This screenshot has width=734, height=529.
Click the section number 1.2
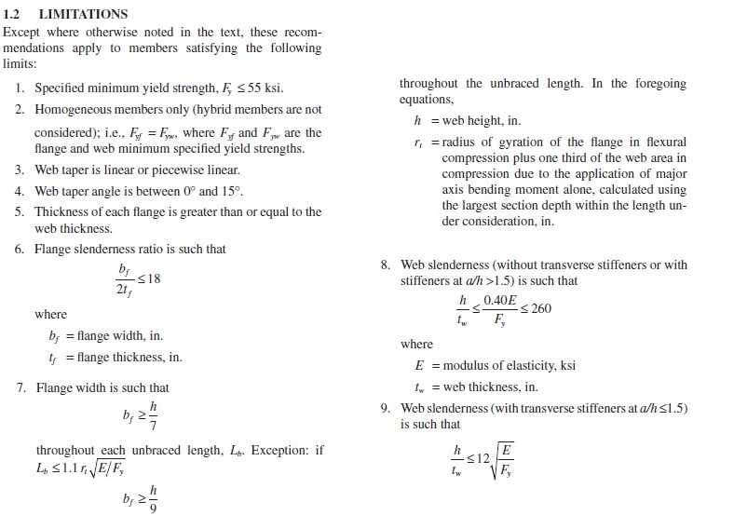(14, 15)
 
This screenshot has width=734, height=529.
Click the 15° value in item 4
(238, 191)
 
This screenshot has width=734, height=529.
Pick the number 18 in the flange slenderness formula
(155, 278)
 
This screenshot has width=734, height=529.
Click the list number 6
(20, 250)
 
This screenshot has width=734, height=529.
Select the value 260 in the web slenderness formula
(540, 309)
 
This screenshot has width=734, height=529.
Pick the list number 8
(385, 265)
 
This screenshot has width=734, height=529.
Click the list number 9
(385, 409)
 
